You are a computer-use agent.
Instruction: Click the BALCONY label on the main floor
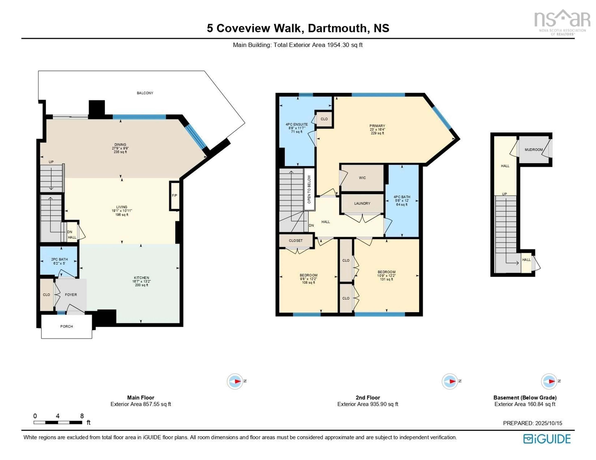click(145, 93)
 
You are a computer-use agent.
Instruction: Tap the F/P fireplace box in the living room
click(174, 196)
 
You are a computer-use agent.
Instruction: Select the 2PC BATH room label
click(59, 259)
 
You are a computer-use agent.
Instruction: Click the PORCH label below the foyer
click(67, 326)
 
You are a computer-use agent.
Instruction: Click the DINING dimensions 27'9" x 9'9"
click(120, 148)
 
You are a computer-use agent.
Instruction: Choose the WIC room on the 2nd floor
click(362, 178)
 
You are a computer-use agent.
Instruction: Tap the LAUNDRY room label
click(362, 203)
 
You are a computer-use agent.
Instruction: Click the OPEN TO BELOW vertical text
click(309, 189)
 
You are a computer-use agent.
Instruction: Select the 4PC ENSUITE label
click(297, 124)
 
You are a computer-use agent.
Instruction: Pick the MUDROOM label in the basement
click(533, 150)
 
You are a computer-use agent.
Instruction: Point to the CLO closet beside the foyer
click(46, 295)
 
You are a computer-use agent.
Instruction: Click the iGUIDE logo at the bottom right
click(547, 439)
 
